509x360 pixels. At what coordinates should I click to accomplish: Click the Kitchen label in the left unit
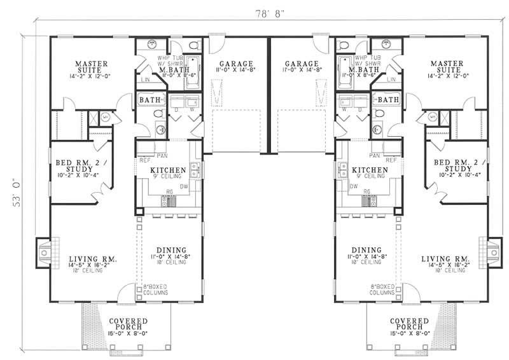tap(168, 170)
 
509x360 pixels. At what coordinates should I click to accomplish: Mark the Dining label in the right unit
tap(365, 250)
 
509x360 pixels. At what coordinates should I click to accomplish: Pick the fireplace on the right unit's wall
tap(494, 253)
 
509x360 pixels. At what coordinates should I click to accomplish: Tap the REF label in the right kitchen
tap(392, 160)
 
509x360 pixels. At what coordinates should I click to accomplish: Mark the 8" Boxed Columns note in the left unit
tap(155, 289)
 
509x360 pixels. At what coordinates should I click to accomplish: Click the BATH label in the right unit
tap(387, 100)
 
